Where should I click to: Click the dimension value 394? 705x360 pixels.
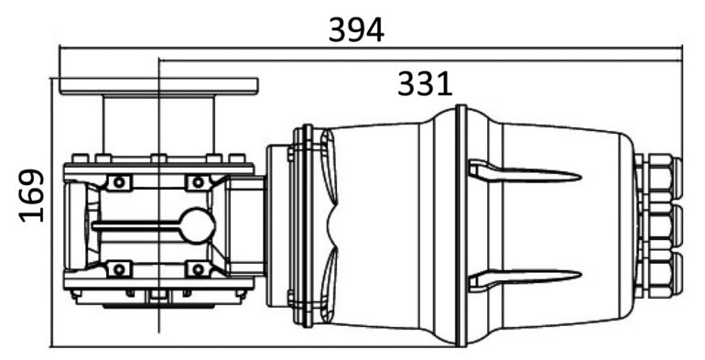(x=356, y=30)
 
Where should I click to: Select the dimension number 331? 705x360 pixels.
(x=425, y=84)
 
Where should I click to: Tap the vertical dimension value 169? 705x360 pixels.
(x=32, y=195)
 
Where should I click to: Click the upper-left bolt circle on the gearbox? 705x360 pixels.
(x=119, y=182)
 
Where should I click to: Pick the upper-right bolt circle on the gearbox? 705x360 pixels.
(x=198, y=182)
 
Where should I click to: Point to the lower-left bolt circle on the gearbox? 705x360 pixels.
(x=119, y=269)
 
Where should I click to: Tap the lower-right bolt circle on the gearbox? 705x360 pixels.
(x=198, y=269)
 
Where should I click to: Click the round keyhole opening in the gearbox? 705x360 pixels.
(x=198, y=226)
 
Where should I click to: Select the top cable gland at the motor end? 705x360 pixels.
(x=657, y=178)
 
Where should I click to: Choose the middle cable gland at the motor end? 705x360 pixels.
(x=657, y=226)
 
